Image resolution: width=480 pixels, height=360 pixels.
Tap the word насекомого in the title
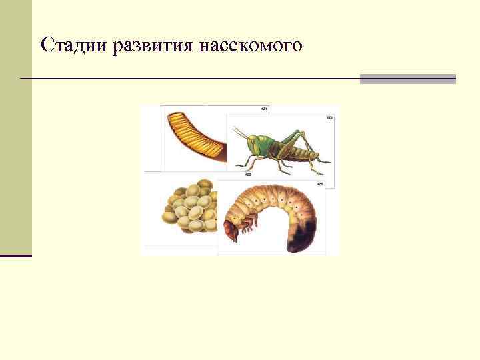pyautogui.click(x=250, y=45)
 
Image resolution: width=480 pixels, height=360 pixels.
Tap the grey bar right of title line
pyautogui.click(x=407, y=79)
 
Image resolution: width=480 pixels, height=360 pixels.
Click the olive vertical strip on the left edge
pyautogui.click(x=15, y=127)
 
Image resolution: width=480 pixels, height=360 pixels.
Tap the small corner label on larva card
pyautogui.click(x=320, y=183)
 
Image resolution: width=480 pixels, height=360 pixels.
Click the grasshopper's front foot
pyautogui.click(x=239, y=166)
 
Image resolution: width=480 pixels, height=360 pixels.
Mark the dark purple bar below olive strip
pyautogui.click(x=15, y=255)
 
